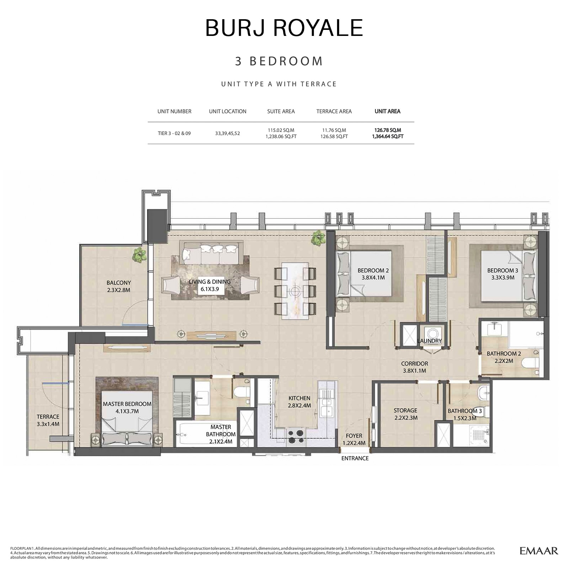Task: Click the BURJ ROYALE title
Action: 284,28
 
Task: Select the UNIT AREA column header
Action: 387,111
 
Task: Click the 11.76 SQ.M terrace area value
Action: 334,130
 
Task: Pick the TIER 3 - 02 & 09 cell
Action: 174,133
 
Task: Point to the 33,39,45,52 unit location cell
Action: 227,133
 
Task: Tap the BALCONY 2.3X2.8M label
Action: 118,286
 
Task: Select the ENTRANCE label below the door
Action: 355,458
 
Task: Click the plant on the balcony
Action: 139,255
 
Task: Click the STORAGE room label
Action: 405,414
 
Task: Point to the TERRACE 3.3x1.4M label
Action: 48,420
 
